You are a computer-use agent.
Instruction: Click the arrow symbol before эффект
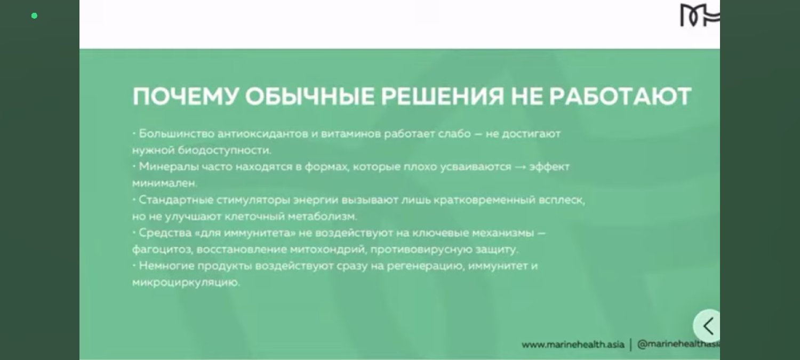(521, 167)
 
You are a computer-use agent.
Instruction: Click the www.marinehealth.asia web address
(572, 345)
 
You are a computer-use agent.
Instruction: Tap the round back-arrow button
(708, 325)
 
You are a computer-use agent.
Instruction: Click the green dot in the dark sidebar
(34, 16)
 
